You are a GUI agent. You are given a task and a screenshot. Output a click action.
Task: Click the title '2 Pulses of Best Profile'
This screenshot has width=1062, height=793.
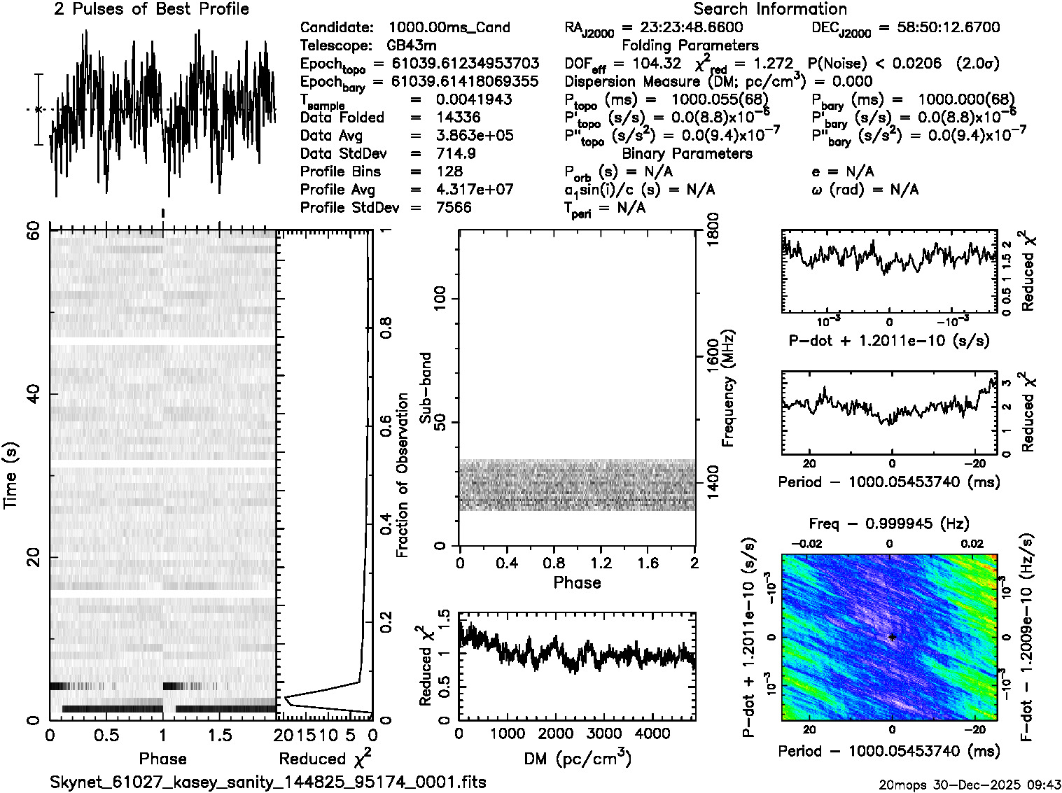coord(151,9)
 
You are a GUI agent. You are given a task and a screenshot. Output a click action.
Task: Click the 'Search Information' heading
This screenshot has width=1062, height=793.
coord(769,9)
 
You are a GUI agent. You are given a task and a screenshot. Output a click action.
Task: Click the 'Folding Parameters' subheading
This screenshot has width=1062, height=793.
coord(690,45)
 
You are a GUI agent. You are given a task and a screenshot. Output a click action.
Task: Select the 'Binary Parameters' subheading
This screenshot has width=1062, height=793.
coord(687,154)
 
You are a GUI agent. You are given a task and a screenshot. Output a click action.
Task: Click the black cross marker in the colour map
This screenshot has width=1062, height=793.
coord(892,637)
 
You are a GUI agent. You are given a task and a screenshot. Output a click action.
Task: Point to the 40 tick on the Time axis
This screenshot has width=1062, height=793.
coord(33,395)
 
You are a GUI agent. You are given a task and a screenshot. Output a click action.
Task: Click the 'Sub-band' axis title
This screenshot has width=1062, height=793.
coord(425,387)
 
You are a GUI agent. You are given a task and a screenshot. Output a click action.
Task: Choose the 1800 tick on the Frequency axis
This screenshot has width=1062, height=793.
coord(711,228)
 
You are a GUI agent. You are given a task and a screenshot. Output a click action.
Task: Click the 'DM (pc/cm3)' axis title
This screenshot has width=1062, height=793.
coord(577,759)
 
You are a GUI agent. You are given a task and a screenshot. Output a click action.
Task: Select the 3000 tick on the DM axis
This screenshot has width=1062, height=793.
coord(604,734)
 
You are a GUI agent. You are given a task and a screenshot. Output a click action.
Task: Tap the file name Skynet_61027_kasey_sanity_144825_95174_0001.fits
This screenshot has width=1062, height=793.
coord(267,782)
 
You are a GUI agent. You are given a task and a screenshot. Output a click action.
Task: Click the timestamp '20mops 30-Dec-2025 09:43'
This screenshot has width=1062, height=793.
coord(970,784)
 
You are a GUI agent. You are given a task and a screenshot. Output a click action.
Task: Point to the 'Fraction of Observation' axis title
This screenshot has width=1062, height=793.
coord(403,475)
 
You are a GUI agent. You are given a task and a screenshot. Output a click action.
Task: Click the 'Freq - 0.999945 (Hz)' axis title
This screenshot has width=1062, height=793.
coord(888,524)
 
